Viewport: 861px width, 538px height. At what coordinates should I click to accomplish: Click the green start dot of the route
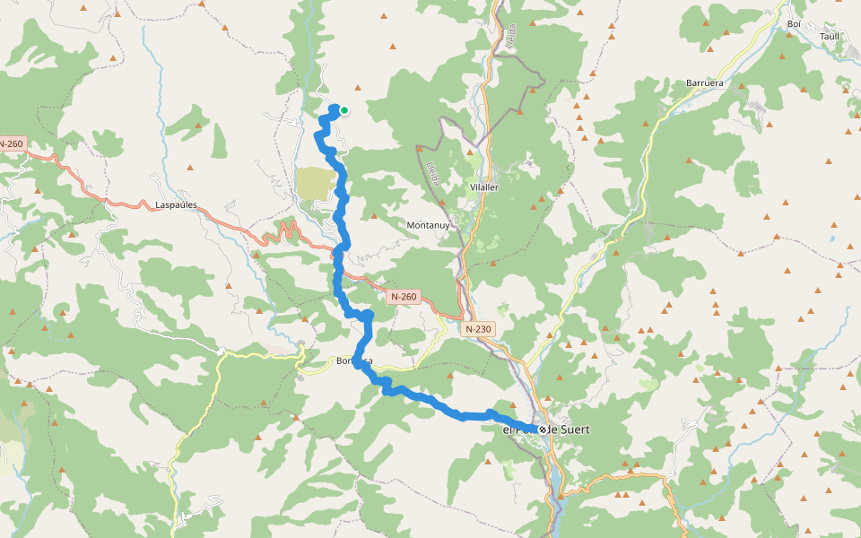tap(344, 111)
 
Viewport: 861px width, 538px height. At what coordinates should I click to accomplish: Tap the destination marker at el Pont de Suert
tap(543, 430)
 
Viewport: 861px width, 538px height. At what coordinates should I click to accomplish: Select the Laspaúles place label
tap(176, 205)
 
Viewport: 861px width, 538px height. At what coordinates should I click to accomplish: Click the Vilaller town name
tap(483, 187)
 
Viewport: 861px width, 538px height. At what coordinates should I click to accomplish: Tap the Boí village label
tap(793, 24)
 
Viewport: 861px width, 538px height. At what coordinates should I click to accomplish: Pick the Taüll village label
tap(830, 37)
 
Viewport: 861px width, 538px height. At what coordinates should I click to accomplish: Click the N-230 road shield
tap(479, 329)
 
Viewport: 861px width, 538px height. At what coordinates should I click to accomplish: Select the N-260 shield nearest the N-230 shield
tap(404, 296)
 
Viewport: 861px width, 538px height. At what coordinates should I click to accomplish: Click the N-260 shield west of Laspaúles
tap(11, 143)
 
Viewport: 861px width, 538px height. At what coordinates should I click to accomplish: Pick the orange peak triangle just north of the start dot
tap(358, 88)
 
